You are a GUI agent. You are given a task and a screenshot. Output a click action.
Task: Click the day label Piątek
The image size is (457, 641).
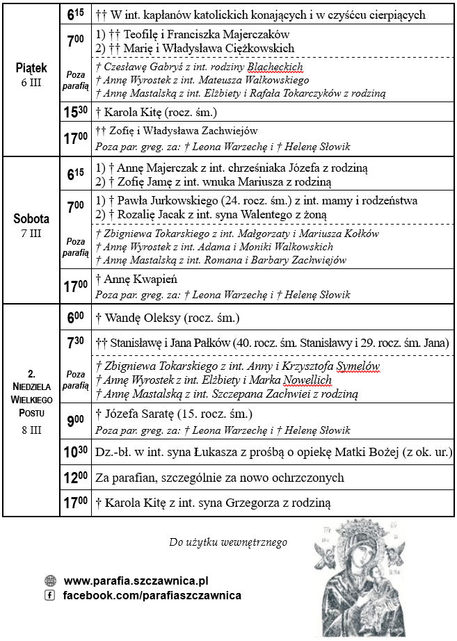tap(31, 68)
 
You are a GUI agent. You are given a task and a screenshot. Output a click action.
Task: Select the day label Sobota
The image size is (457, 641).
tap(31, 219)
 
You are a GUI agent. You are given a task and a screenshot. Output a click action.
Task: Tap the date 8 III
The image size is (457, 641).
tap(31, 430)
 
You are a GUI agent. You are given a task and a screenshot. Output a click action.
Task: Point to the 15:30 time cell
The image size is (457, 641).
tap(76, 112)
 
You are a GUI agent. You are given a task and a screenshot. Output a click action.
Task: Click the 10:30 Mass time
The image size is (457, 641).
tap(76, 453)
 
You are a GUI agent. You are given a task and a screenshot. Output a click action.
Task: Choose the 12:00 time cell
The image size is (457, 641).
tap(76, 478)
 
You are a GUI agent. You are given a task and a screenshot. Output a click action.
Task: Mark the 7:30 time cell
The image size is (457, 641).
tap(76, 343)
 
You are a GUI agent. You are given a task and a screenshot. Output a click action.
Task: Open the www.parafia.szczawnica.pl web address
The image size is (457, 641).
tap(136, 581)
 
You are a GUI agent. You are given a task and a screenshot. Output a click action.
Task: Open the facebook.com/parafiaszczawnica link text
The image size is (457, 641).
tap(152, 596)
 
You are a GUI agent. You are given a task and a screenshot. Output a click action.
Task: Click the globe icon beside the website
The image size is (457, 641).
tap(50, 581)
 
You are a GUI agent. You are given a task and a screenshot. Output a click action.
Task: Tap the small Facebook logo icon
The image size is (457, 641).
tap(50, 596)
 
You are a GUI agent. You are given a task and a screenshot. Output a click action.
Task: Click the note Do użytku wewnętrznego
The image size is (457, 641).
tap(227, 542)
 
